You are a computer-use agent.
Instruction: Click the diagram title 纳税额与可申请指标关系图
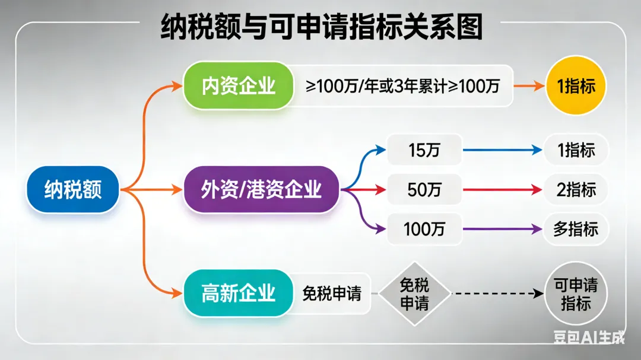321,27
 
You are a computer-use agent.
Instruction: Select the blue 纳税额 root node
73,190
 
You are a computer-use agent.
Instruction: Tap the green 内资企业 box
238,85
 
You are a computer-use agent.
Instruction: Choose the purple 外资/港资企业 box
261,190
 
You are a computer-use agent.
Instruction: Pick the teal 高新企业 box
238,293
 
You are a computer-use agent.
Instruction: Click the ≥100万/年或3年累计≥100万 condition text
403,86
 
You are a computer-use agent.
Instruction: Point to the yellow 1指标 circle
576,86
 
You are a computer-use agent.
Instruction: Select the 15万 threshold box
424,150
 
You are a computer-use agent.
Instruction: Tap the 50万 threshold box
424,190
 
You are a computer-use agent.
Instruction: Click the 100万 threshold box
424,229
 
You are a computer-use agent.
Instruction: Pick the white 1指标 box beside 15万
576,150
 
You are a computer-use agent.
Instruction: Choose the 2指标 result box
576,190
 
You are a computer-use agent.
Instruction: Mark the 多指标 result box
576,229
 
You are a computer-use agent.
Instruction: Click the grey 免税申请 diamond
414,294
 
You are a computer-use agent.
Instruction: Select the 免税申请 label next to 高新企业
332,294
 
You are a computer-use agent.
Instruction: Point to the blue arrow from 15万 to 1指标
502,150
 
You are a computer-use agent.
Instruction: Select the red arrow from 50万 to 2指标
502,190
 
